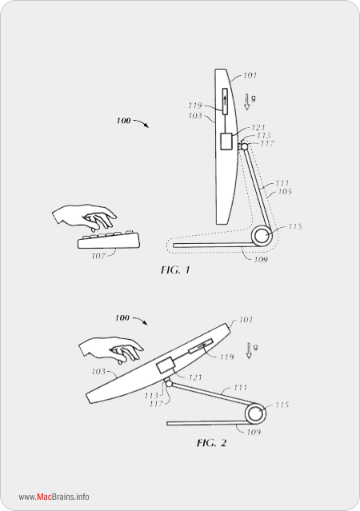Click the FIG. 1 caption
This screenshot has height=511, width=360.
pyautogui.click(x=175, y=270)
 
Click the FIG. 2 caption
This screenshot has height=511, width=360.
pyautogui.click(x=211, y=443)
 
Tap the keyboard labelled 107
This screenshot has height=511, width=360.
pyautogui.click(x=109, y=240)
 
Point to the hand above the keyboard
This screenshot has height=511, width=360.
pyautogui.click(x=84, y=217)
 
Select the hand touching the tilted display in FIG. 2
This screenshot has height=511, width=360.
pyautogui.click(x=111, y=350)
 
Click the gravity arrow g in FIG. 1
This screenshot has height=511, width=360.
pyautogui.click(x=247, y=102)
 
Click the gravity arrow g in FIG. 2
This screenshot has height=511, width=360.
pyautogui.click(x=249, y=350)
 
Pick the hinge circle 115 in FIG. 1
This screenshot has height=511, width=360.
pyautogui.click(x=261, y=236)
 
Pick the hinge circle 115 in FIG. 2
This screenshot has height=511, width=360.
pyautogui.click(x=255, y=414)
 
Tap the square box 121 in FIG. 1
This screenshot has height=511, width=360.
pyautogui.click(x=226, y=142)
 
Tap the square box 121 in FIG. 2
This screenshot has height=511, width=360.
pyautogui.click(x=166, y=365)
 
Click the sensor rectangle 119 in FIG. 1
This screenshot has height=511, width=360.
pyautogui.click(x=225, y=101)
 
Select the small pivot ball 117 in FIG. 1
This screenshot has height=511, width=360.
pyautogui.click(x=244, y=146)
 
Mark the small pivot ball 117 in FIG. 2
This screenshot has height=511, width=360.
pyautogui.click(x=169, y=384)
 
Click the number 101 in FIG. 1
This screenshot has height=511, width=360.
pyautogui.click(x=250, y=76)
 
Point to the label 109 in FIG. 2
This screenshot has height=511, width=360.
pyautogui.click(x=254, y=432)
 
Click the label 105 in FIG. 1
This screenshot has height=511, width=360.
pyautogui.click(x=285, y=192)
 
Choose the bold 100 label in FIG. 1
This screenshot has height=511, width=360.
pyautogui.click(x=123, y=121)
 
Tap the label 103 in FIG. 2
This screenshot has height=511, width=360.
pyautogui.click(x=98, y=372)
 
